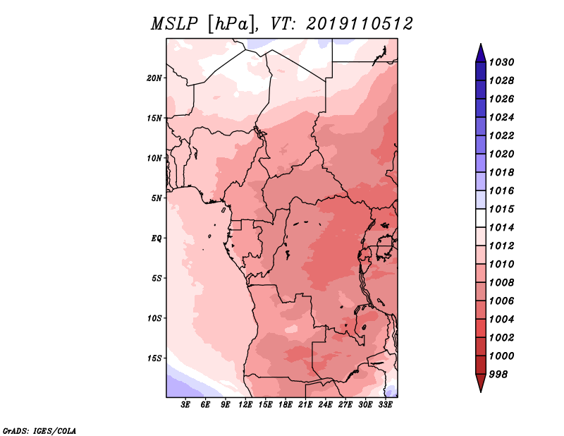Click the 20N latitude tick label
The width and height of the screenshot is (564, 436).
154,78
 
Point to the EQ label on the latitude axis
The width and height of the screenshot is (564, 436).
157,238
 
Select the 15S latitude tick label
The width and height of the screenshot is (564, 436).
154,358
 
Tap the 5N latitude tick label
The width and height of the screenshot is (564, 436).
157,198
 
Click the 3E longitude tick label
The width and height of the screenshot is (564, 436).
185,405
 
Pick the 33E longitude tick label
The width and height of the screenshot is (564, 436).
385,405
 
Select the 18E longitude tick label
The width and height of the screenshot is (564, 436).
286,405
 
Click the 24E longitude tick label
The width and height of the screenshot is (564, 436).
325,405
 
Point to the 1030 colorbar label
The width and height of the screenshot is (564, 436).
501,62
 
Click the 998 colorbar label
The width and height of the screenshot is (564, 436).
498,375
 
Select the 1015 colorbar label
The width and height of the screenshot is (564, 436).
501,209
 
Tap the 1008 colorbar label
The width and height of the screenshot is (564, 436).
501,283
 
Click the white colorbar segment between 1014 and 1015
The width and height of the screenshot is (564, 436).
481,218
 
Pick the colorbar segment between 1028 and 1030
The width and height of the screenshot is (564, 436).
481,71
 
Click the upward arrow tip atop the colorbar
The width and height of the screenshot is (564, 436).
481,44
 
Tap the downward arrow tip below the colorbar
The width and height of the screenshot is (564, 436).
481,392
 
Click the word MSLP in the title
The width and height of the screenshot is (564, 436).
174,24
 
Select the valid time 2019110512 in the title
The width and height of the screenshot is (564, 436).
360,24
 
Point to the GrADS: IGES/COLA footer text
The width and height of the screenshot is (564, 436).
39,430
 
